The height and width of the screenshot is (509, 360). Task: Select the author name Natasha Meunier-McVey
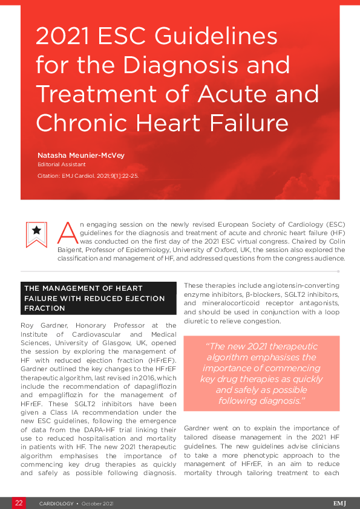click(80, 155)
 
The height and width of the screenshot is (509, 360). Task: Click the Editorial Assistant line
click(61, 164)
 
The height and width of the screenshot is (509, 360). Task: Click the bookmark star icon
click(36, 231)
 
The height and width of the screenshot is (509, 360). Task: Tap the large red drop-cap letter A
click(68, 230)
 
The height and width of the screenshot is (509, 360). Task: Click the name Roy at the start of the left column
click(28, 325)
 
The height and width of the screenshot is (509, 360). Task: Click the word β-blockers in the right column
click(260, 294)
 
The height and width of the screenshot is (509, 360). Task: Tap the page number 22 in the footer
click(19, 503)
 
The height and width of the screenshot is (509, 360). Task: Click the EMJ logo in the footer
click(340, 503)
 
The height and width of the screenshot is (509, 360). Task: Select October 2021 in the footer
click(97, 503)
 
